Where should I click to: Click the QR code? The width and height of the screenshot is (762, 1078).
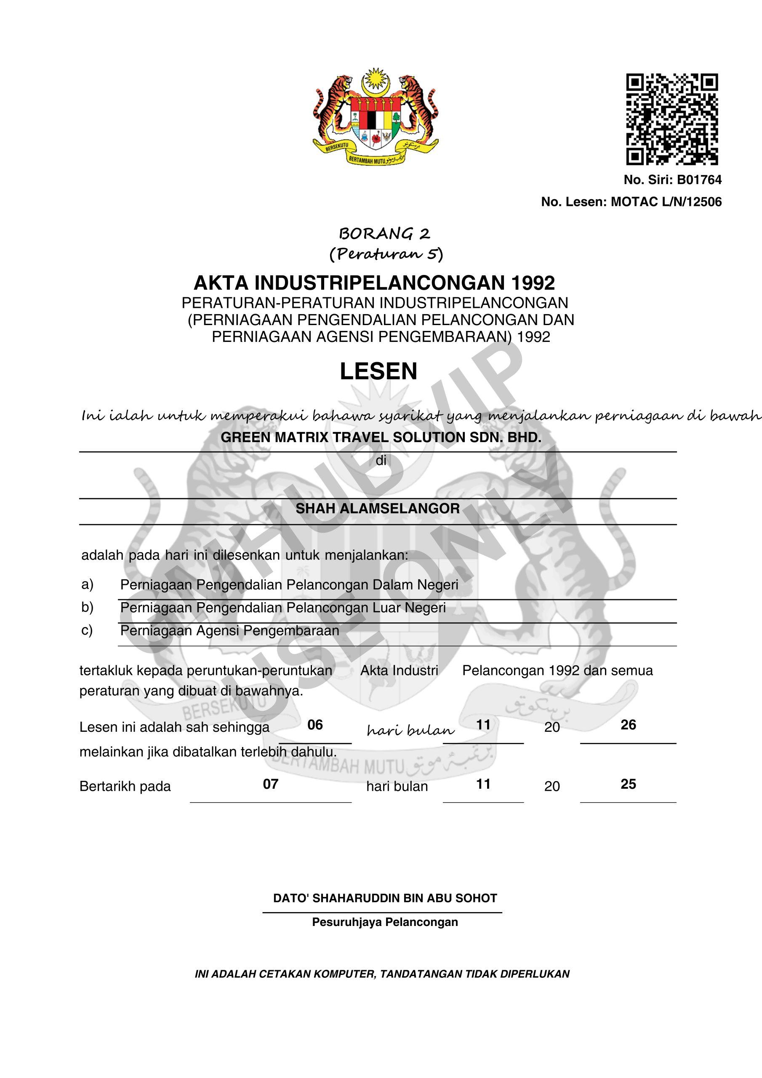[672, 119]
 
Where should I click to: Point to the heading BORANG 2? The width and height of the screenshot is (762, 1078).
[384, 233]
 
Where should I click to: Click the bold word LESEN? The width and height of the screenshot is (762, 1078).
[378, 371]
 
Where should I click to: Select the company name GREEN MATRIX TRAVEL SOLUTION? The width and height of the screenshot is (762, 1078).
[381, 438]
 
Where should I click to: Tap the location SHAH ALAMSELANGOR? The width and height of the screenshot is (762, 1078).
[378, 509]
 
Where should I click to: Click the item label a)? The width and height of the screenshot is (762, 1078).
[87, 584]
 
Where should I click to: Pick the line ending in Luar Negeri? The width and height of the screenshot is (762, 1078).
[282, 608]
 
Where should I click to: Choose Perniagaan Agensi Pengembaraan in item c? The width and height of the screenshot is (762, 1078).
[229, 630]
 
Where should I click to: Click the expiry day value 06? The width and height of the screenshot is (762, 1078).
[315, 725]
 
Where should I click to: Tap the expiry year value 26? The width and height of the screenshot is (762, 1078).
[628, 725]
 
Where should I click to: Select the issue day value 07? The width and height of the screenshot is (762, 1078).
[270, 784]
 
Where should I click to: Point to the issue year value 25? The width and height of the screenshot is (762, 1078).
[628, 784]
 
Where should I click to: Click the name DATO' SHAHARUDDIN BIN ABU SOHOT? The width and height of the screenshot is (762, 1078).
[385, 898]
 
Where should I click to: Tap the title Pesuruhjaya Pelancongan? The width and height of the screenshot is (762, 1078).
[385, 922]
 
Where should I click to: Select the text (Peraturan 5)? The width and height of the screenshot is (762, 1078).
[386, 254]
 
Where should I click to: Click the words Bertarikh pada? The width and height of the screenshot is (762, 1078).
[125, 787]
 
